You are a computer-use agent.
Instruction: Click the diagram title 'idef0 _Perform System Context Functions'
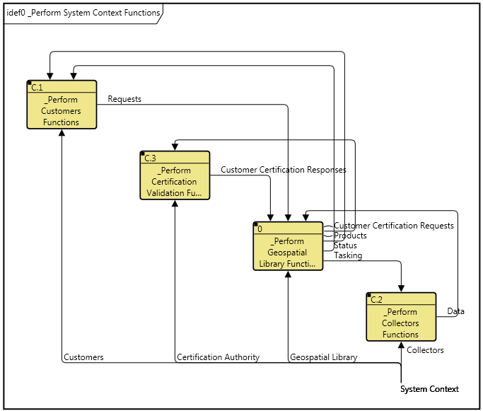click(82, 13)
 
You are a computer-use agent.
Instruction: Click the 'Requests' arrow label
click(124, 99)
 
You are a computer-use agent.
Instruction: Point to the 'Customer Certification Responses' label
click(284, 170)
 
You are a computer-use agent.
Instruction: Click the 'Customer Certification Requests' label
click(394, 226)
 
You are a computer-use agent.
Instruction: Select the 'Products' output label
click(350, 236)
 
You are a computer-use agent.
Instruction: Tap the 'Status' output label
click(345, 245)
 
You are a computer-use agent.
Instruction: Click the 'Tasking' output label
click(348, 255)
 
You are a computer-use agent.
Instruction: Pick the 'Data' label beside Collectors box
click(456, 311)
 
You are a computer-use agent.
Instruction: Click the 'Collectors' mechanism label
click(426, 350)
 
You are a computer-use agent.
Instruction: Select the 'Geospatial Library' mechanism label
click(323, 357)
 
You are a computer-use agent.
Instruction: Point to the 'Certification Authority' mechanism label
click(218, 357)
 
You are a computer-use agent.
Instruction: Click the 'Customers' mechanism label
click(83, 357)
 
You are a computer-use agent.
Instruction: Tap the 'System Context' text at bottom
click(429, 389)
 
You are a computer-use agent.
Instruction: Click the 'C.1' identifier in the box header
click(37, 88)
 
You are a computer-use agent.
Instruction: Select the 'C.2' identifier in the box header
click(377, 300)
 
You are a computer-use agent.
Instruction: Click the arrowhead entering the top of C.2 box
click(401, 288)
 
